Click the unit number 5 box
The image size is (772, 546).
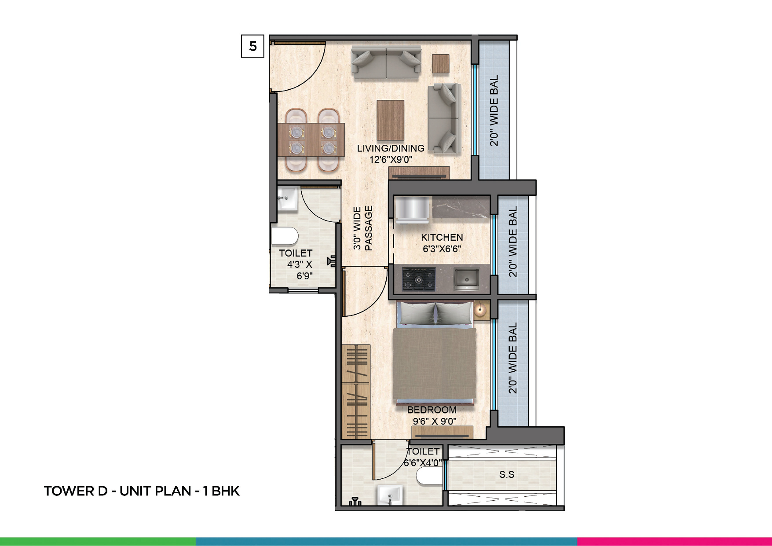252,46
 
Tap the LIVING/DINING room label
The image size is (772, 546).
391,148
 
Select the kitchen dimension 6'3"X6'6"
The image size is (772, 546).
442,249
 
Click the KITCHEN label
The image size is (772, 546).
442,238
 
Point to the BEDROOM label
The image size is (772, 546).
432,410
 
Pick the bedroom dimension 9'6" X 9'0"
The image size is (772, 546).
434,421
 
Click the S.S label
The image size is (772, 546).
506,474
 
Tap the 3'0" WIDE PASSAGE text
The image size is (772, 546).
363,228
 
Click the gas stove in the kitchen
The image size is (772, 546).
419,279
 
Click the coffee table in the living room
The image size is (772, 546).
391,120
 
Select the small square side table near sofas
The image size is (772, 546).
440,63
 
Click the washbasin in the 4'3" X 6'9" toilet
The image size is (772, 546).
287,199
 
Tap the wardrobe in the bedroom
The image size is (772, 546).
356,392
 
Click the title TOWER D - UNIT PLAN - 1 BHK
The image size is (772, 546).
142,491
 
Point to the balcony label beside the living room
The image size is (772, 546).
494,110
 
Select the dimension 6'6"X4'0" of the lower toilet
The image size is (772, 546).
423,463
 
